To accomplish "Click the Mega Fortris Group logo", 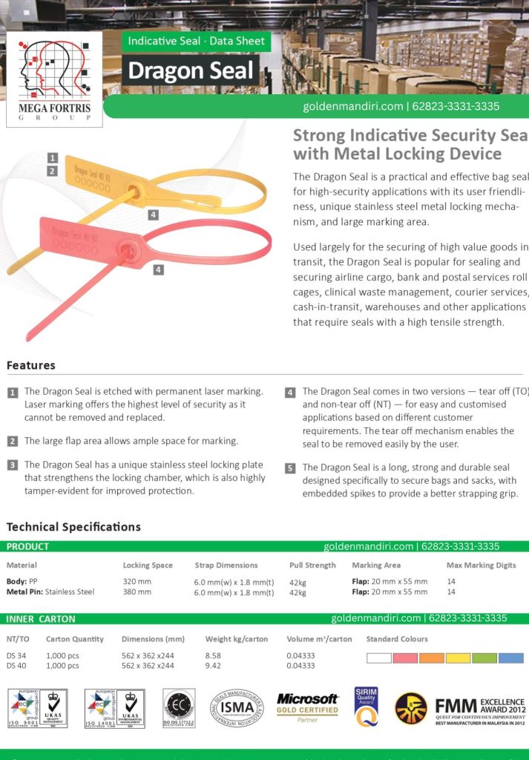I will [x=54, y=79].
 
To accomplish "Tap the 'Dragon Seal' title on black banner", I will [x=191, y=71].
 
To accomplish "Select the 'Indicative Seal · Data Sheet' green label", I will [x=196, y=42].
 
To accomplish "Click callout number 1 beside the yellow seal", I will [x=53, y=157].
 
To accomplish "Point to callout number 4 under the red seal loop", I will [x=158, y=270].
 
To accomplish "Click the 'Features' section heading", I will [x=31, y=365].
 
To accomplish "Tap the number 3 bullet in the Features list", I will [x=13, y=465].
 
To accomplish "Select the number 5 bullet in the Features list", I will [x=290, y=468].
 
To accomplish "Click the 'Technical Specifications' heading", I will [x=73, y=527].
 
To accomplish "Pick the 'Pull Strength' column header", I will [x=312, y=566].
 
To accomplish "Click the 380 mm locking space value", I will [x=137, y=592].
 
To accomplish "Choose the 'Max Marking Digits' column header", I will [x=481, y=566].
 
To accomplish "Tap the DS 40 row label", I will [x=16, y=666].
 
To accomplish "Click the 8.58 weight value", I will [x=213, y=656].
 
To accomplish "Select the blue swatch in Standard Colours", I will [x=510, y=658].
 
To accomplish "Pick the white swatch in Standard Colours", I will [x=379, y=658].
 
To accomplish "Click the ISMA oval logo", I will [x=236, y=707].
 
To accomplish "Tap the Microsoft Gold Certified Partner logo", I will [x=307, y=707].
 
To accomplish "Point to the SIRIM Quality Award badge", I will [x=367, y=707].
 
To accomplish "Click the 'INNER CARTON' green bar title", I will [x=41, y=618].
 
